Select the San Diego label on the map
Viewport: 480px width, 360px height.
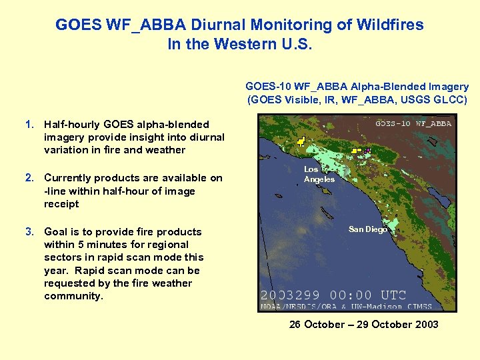(367, 229)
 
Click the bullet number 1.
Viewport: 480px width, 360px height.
(29, 124)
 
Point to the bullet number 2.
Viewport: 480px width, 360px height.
(29, 177)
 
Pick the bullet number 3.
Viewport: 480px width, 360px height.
(29, 231)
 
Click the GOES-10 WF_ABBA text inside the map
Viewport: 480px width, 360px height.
(413, 123)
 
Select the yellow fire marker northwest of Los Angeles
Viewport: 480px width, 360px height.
(301, 141)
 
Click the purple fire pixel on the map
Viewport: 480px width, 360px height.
(367, 151)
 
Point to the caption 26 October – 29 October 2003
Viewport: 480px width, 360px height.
(363, 324)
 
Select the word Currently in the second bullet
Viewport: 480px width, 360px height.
(68, 177)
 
